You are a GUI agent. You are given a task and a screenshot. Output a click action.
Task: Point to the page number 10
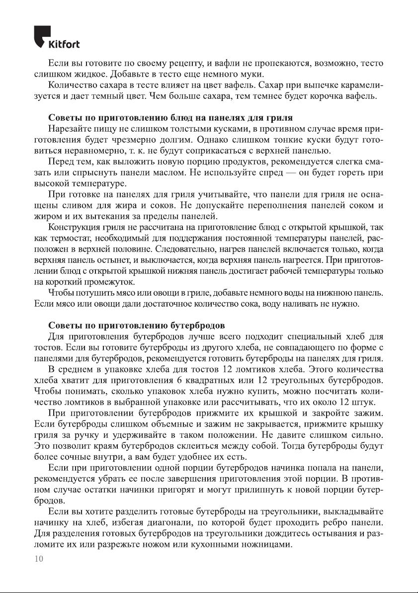[x=38, y=559]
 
